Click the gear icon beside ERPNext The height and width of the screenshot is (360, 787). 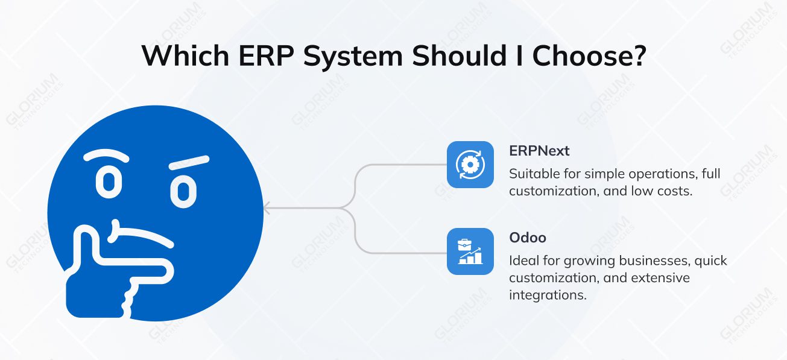[x=470, y=165]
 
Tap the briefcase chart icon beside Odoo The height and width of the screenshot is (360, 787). [x=470, y=251]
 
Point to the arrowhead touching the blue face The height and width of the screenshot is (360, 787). [x=268, y=209]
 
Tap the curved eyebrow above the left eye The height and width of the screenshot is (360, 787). [x=106, y=155]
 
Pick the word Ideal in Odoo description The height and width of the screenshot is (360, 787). [x=522, y=261]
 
